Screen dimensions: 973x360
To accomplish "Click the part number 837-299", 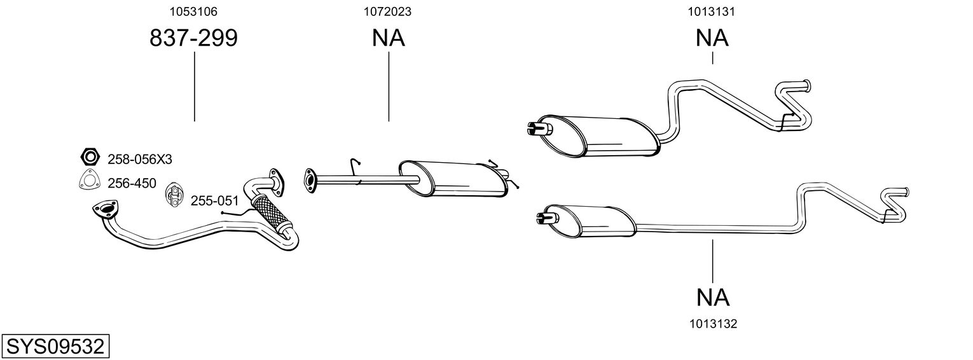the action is pos(193,39).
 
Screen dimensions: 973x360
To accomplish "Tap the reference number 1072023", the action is pos(388,11).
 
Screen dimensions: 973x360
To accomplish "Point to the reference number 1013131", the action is pos(712,11).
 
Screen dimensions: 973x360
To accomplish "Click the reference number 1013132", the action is pos(712,324).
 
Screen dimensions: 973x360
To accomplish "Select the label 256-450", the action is pos(132,183).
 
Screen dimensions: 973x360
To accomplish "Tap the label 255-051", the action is pos(214,201).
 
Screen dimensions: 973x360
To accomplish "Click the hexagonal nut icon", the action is pos(90,156).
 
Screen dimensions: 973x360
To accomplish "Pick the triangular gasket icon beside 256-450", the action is pos(89,182).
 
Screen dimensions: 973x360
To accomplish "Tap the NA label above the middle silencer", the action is pos(388,39).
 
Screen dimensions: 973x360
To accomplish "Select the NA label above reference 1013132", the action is pos(712,297).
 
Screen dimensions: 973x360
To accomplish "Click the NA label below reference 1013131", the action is pos(712,39).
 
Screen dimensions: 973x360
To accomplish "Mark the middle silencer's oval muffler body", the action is pos(455,179).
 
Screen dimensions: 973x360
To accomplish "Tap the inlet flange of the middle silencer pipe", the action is pos(311,180).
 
